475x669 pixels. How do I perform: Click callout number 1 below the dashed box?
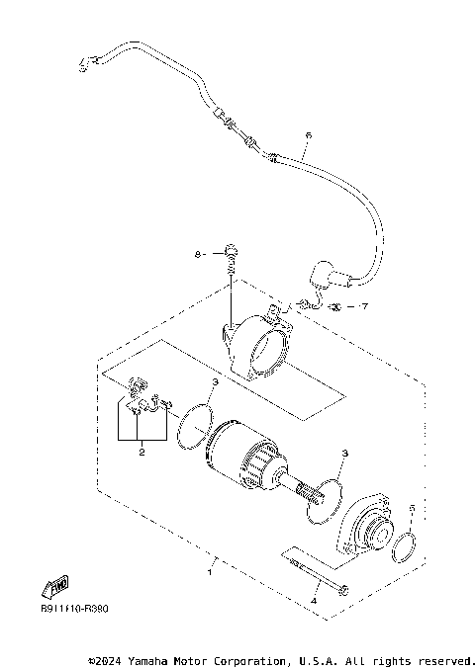coord(209,571)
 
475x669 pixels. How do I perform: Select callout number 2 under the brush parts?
coord(142,453)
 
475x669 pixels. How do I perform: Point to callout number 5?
coord(412,510)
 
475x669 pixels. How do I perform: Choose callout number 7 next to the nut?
coord(364,306)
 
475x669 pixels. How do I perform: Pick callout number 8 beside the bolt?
coord(198,254)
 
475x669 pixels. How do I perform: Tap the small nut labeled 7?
coord(336,306)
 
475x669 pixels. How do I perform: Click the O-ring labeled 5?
coord(404,547)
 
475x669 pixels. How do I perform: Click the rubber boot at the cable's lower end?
coord(325,276)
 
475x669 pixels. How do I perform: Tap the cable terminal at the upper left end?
coord(86,65)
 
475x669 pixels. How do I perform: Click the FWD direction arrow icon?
coord(55,587)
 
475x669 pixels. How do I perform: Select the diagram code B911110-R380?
coord(74,609)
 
